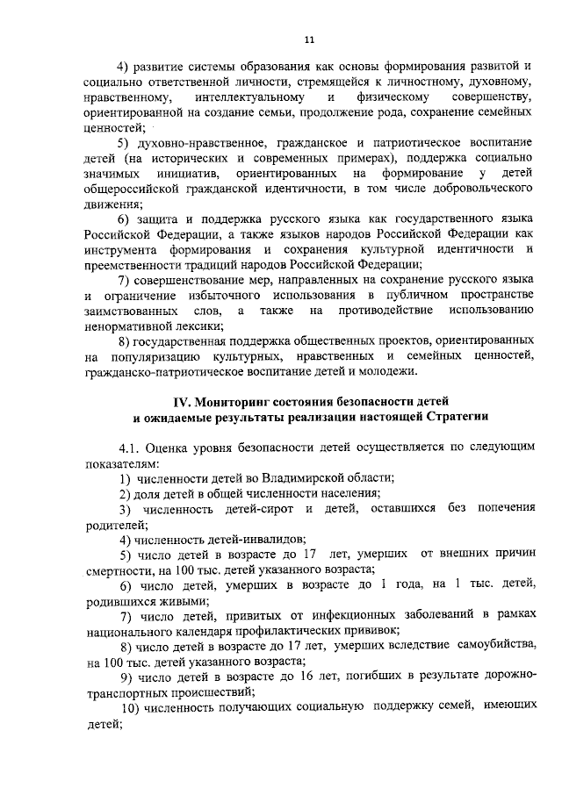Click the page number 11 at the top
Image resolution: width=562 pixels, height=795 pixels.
tap(309, 39)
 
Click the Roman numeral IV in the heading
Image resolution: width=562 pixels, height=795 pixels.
tap(180, 401)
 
